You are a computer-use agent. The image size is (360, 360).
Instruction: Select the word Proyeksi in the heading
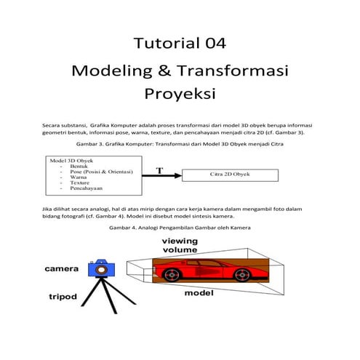(180, 95)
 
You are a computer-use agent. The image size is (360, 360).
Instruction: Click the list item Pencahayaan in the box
(86, 188)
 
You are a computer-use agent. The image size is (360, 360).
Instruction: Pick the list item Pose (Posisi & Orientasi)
(101, 171)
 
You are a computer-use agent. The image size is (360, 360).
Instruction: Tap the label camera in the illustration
(62, 269)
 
